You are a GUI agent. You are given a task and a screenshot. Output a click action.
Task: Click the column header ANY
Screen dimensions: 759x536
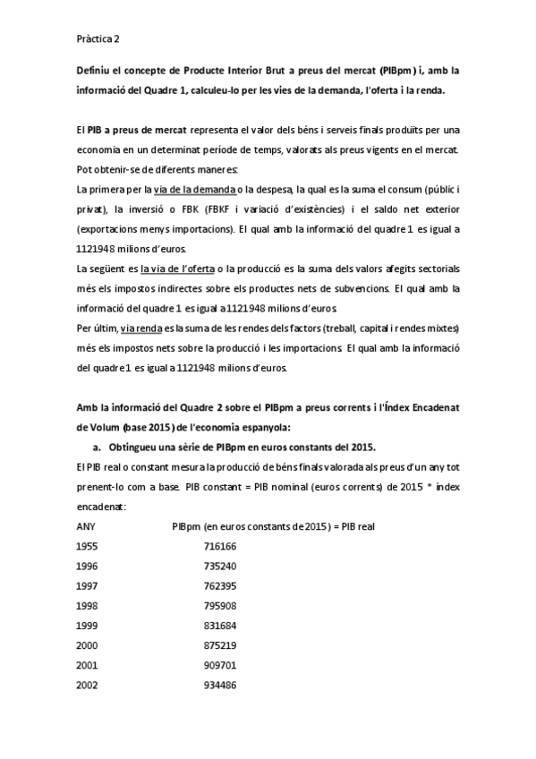point(87,525)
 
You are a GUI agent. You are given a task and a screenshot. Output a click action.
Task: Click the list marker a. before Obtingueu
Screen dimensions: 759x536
point(97,447)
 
